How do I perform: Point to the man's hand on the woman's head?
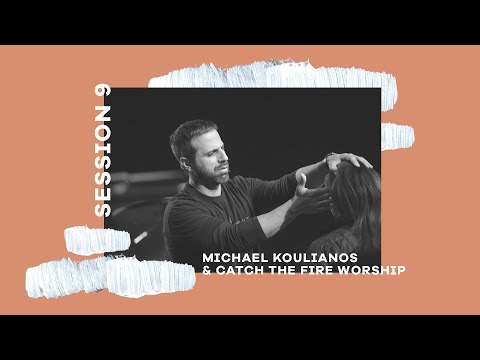[344, 160]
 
